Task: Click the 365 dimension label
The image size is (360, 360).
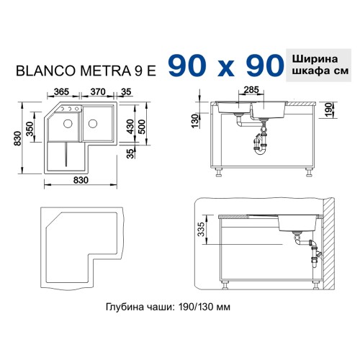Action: tap(61, 91)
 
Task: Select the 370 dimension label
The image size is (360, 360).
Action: tap(98, 91)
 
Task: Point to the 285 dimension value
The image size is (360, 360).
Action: tap(251, 90)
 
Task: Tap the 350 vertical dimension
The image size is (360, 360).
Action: tap(30, 129)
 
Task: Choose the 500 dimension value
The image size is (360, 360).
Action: tap(142, 127)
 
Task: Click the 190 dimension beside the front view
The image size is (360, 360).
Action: tap(328, 110)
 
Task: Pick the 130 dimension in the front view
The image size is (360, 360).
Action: tap(195, 121)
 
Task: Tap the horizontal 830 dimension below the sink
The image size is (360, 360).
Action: tap(81, 180)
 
